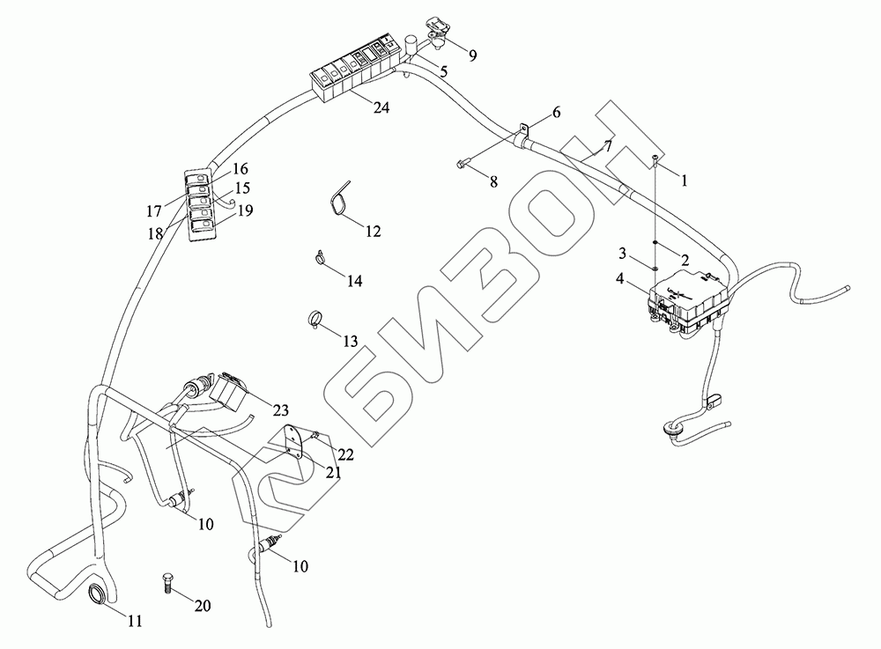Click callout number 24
click(x=381, y=108)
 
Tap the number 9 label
click(x=473, y=55)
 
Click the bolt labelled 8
click(x=463, y=163)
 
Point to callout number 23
click(x=281, y=409)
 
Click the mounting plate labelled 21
click(x=297, y=443)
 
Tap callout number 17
click(x=154, y=211)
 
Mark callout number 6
click(x=556, y=112)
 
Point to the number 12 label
click(x=374, y=232)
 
